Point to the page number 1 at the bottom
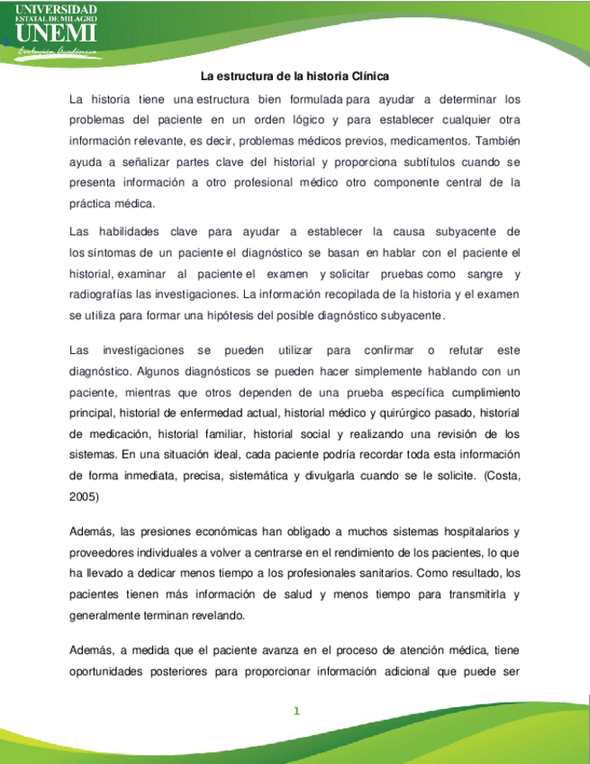(x=295, y=712)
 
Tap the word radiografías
(x=108, y=293)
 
